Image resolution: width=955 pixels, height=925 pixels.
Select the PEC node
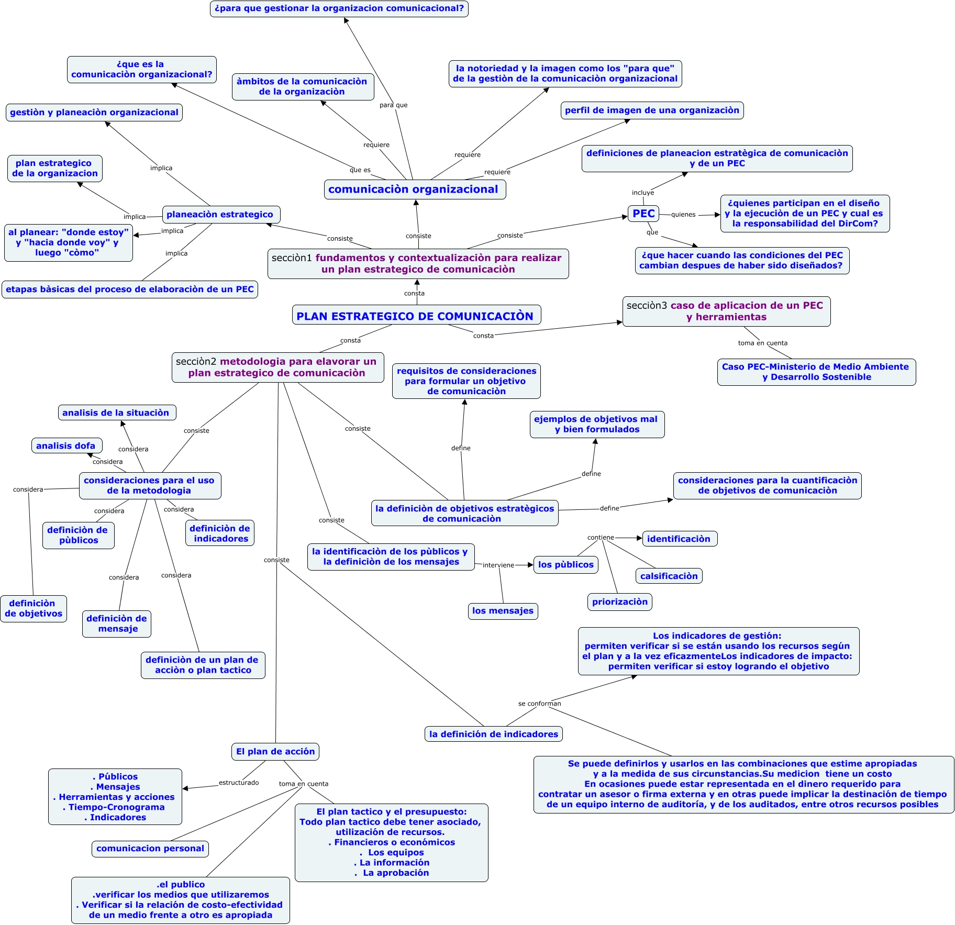click(x=643, y=214)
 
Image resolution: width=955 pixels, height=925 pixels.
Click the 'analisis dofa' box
click(x=66, y=445)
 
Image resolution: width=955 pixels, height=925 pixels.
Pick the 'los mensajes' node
click(x=503, y=611)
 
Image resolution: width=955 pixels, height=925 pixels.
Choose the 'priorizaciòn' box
click(x=619, y=602)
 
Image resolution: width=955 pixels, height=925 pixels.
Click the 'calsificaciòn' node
click(x=669, y=576)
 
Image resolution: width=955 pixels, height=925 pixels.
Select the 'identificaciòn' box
click(x=679, y=539)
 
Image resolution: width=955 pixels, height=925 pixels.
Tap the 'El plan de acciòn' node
click(x=275, y=752)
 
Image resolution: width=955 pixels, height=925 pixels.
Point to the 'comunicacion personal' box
click(x=150, y=849)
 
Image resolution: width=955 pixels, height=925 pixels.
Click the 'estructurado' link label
click(x=239, y=783)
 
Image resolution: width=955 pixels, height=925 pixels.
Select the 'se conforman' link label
click(x=539, y=704)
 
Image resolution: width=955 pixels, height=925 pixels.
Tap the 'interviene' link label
click(x=498, y=565)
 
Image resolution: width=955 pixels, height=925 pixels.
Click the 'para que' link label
click(x=393, y=105)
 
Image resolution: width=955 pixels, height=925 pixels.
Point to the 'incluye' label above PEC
click(x=643, y=193)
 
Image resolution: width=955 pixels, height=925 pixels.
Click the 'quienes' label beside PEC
click(x=683, y=215)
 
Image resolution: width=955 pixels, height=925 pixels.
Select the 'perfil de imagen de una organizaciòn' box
click(x=652, y=110)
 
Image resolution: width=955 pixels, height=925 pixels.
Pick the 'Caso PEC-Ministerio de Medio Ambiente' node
click(x=816, y=372)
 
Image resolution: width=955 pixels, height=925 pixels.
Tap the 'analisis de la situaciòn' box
click(x=117, y=413)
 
